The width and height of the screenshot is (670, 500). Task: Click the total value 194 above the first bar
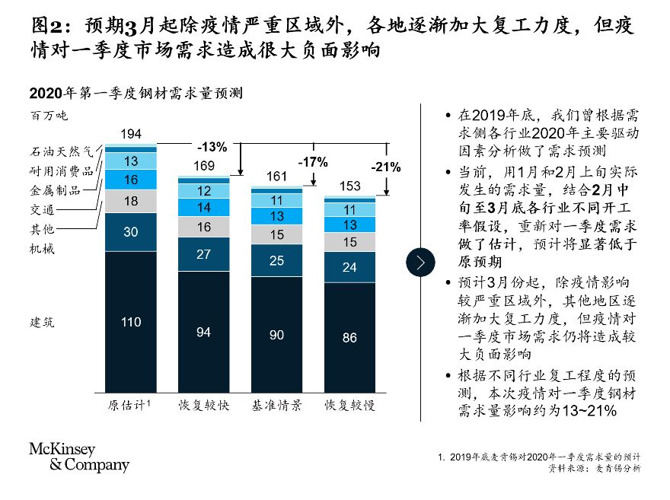[x=131, y=135]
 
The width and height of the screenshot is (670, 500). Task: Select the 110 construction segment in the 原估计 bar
[x=131, y=322]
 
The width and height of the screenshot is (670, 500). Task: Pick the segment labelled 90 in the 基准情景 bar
[x=276, y=335]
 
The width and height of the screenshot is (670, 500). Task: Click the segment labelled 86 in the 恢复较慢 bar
[x=349, y=338]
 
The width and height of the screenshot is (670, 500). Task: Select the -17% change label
[x=312, y=162]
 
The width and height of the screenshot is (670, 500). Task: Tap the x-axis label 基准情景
[x=277, y=403]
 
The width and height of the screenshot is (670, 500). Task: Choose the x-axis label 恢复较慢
[x=349, y=403]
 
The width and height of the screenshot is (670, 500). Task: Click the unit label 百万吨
[x=49, y=116]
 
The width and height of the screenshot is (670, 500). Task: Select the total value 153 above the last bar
[x=349, y=186]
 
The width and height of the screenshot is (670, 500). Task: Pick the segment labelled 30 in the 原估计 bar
[x=131, y=233]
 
